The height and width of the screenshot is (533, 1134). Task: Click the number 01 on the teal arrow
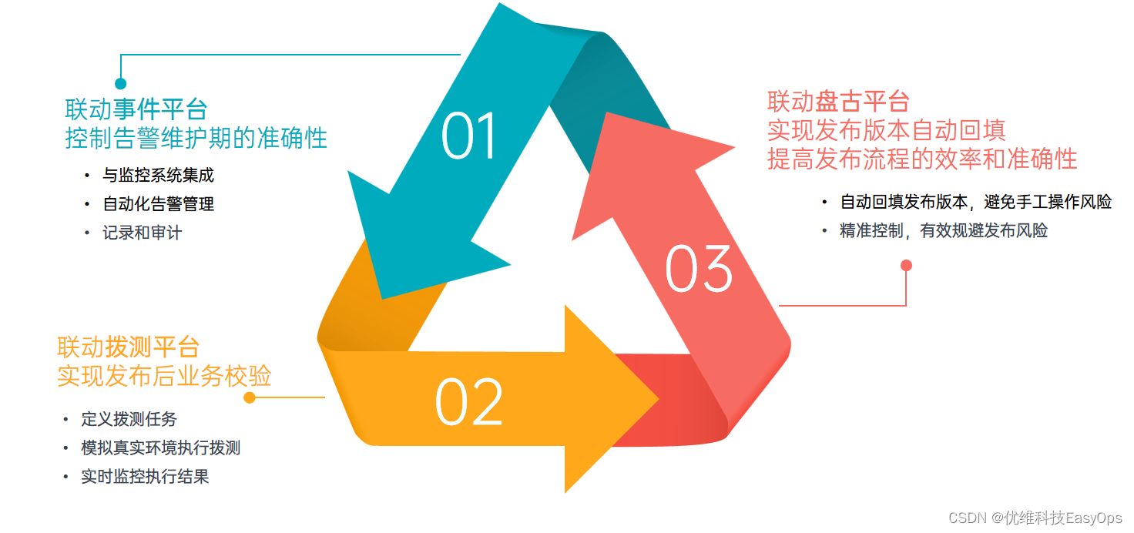point(469,136)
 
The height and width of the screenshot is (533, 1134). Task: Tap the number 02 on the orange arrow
point(468,402)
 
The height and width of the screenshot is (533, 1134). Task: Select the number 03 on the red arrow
point(698,269)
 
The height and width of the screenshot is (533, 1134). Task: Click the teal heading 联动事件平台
point(136,109)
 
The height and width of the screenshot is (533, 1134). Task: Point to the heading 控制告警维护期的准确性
point(196,138)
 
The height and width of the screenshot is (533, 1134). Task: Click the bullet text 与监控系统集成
point(158,176)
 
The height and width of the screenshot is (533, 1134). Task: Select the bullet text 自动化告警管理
point(158,204)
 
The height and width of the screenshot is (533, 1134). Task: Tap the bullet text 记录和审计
point(143,233)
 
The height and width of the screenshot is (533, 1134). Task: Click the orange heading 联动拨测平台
point(128,347)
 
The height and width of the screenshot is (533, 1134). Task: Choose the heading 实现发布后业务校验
point(164,376)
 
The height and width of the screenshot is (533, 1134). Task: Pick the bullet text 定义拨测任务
point(129,420)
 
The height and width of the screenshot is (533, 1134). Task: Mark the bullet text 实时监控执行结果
point(145,477)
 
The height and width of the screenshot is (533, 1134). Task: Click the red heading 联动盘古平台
point(838,101)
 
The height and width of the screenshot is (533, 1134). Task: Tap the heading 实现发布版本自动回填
point(886,129)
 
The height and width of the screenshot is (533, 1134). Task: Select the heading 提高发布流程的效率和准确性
point(921,159)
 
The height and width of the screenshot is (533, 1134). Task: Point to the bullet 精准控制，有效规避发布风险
point(944,230)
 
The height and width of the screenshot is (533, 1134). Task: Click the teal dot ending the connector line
point(120,83)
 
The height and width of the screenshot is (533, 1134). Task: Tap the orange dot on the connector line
point(249,397)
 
